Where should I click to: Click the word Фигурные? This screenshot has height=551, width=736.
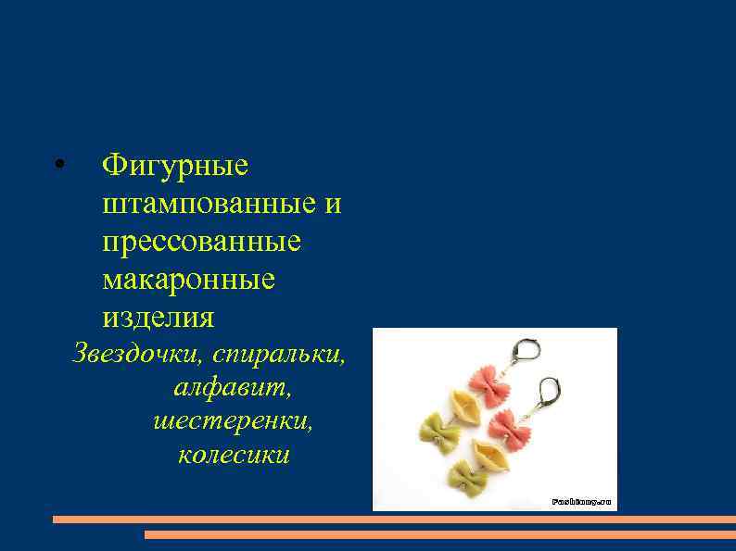(175, 166)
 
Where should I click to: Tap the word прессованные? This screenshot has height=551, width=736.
(202, 242)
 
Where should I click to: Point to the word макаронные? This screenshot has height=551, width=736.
(189, 279)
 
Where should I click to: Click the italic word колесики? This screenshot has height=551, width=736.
(234, 455)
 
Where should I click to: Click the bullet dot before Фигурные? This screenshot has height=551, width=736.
(57, 167)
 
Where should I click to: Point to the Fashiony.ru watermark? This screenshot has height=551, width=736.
(582, 501)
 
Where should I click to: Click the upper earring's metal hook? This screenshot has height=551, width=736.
(525, 351)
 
